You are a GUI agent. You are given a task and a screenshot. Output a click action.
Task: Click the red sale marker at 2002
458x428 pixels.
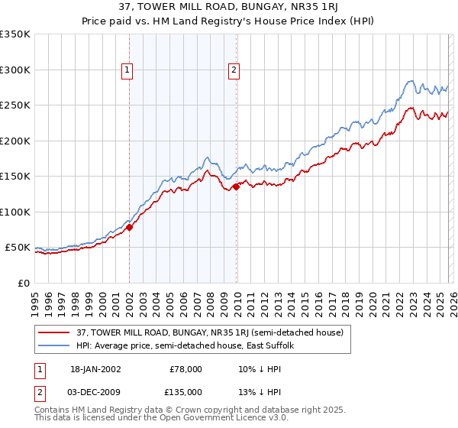tap(130, 227)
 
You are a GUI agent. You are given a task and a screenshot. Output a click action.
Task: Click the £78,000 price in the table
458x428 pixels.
tap(185, 369)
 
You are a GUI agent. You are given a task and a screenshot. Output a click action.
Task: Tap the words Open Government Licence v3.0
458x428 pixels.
tap(218, 419)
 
